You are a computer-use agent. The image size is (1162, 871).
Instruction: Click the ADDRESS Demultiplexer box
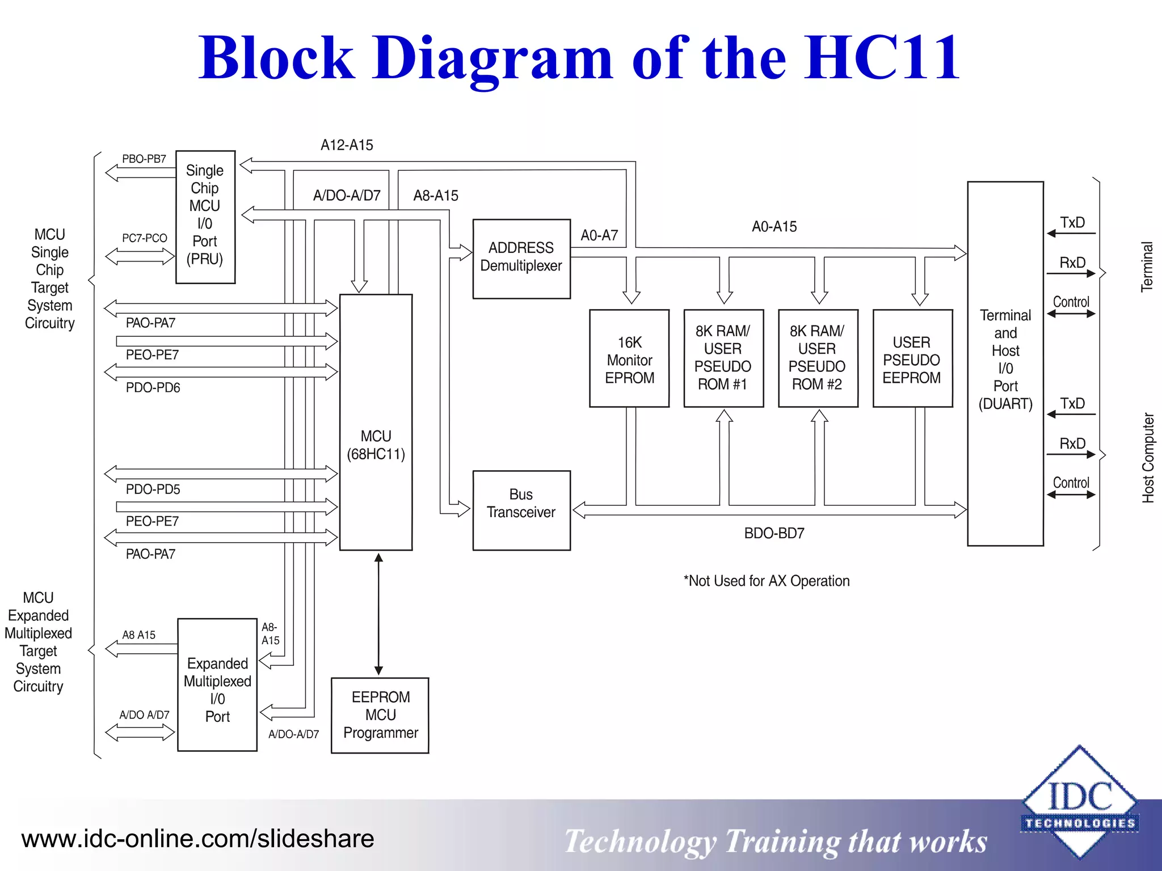pos(521,259)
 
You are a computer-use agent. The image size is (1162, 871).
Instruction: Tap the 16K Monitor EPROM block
pos(629,358)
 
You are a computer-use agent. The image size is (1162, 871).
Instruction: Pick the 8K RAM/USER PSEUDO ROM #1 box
pos(723,358)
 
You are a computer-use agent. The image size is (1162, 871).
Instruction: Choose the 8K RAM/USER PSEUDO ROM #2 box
pos(818,358)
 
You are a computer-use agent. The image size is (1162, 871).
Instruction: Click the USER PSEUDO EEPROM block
pos(912,358)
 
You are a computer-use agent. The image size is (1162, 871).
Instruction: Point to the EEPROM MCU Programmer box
pos(380,715)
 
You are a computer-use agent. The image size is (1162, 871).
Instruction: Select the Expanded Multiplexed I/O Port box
pos(217,685)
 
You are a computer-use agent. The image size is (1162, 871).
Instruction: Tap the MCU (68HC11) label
pos(376,445)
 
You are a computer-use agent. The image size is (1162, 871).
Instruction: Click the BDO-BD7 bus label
pos(774,534)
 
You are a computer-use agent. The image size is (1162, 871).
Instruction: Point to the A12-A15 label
pos(347,145)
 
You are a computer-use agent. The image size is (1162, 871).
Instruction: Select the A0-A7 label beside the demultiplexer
pos(599,235)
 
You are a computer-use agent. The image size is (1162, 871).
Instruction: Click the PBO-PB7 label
pos(144,159)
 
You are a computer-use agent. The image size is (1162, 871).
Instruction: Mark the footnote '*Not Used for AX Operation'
pos(767,581)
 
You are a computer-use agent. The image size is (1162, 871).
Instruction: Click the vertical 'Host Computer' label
pos(1148,458)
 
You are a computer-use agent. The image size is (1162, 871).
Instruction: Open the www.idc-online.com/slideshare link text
pos(197,839)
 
